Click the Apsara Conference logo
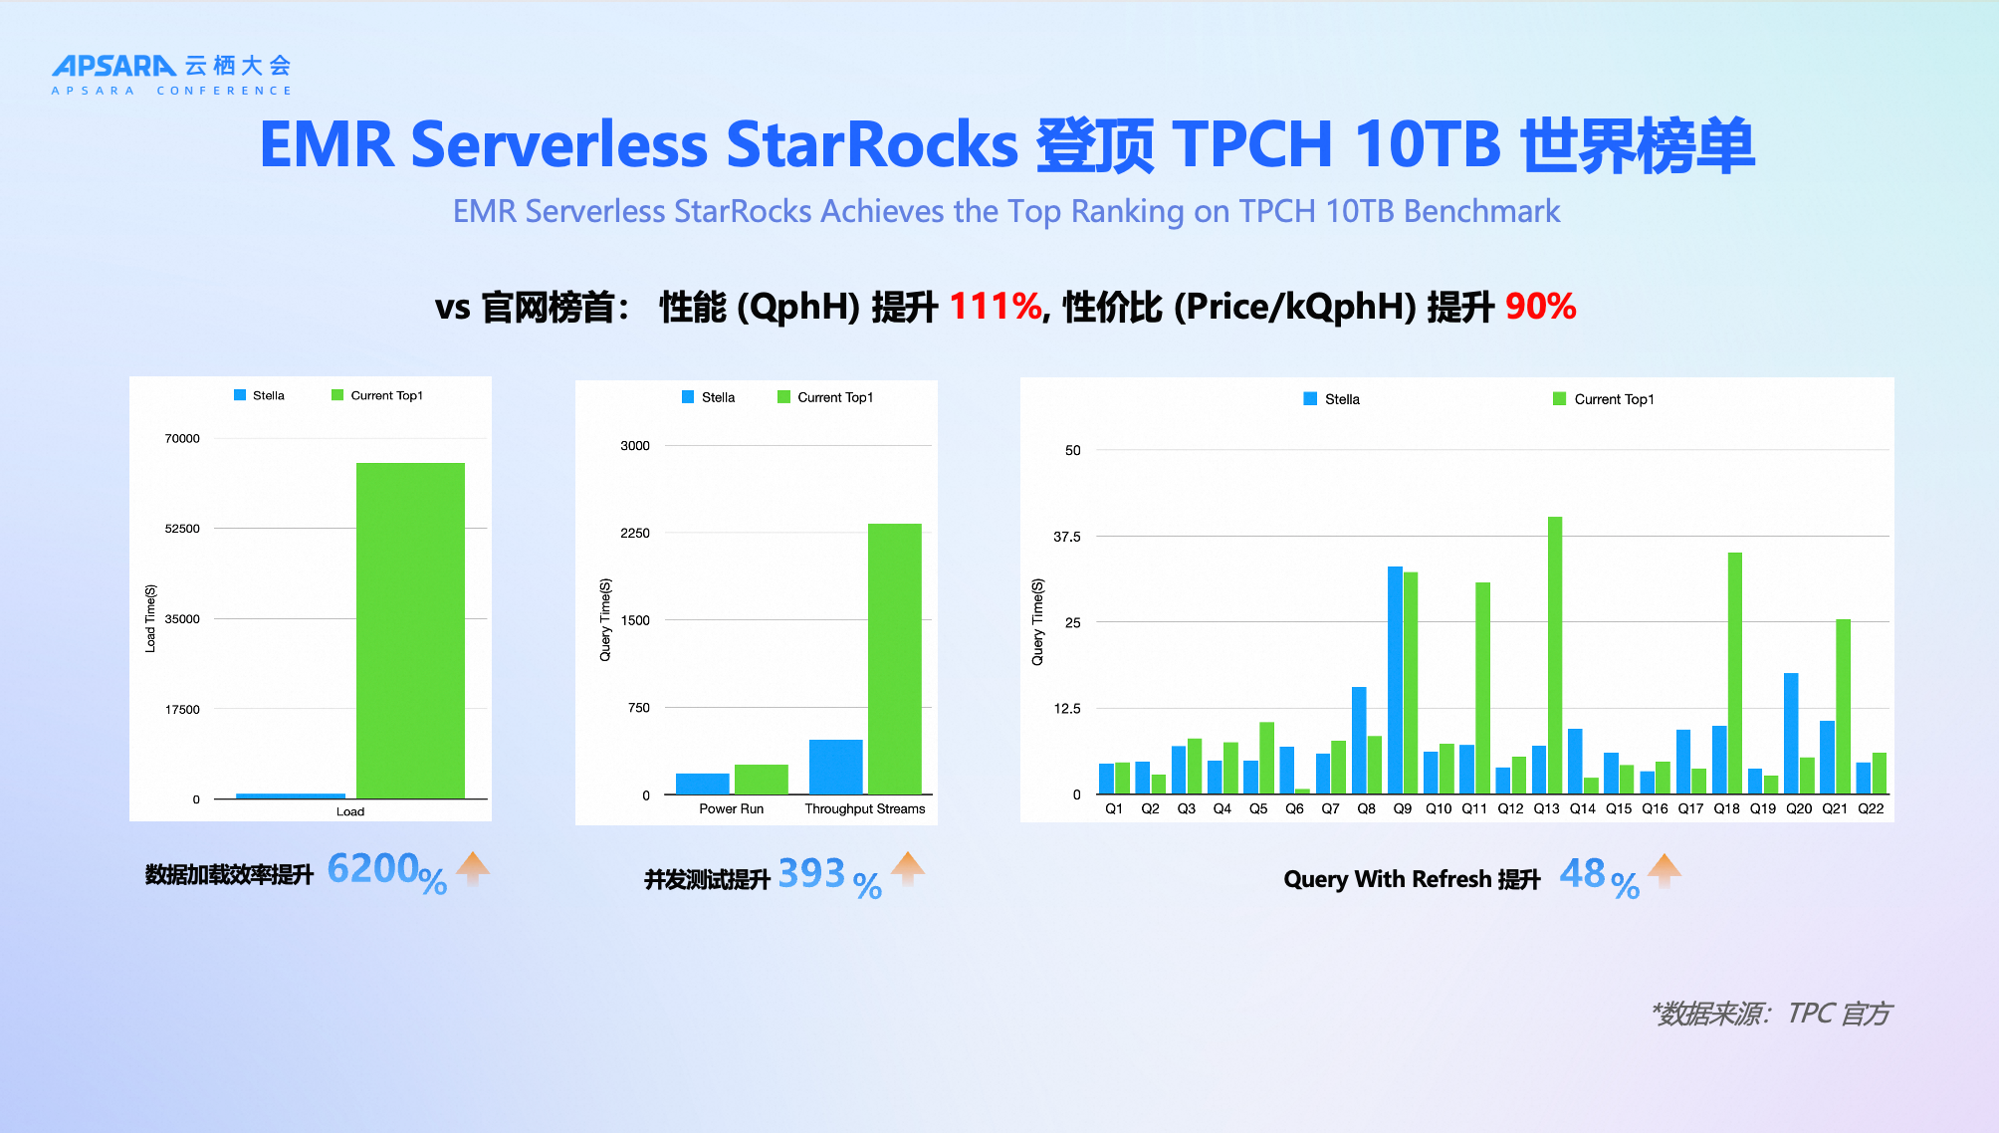point(171,74)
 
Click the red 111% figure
point(995,307)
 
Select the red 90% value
point(1540,307)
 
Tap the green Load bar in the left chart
point(410,629)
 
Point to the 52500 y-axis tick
point(182,529)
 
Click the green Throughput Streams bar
point(894,658)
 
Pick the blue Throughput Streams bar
point(835,767)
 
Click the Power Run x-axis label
point(731,808)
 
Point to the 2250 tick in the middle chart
point(635,534)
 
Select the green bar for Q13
point(1554,654)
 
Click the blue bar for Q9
point(1395,680)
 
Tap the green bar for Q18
point(1734,672)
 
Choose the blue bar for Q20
point(1791,733)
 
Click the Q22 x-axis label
point(1871,808)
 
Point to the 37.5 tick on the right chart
point(1067,537)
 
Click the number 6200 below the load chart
point(372,869)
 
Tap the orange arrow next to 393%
point(907,868)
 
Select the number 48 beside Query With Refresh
point(1582,874)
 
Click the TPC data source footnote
point(1771,1014)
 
